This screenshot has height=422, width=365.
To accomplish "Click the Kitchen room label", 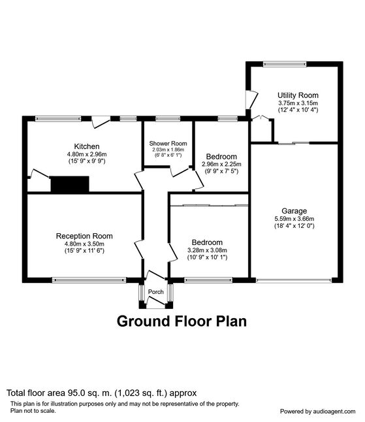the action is pyautogui.click(x=87, y=146).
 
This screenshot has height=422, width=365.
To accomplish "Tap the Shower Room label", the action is pyautogui.click(x=168, y=144).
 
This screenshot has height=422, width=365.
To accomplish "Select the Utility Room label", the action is pyautogui.click(x=298, y=95).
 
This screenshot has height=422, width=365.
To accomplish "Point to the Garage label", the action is pyautogui.click(x=294, y=211).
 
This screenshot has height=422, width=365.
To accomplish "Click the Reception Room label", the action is pyautogui.click(x=84, y=236).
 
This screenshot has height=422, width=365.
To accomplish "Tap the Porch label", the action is pyautogui.click(x=156, y=292).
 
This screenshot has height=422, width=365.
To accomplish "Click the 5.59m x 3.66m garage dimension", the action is pyautogui.click(x=294, y=219).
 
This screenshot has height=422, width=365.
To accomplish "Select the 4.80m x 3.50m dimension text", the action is pyautogui.click(x=84, y=244).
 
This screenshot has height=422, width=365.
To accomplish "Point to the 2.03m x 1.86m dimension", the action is pyautogui.click(x=168, y=150).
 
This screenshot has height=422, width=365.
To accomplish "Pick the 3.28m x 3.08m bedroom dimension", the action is pyautogui.click(x=207, y=250).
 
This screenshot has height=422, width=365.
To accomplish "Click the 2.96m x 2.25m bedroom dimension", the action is pyautogui.click(x=221, y=164).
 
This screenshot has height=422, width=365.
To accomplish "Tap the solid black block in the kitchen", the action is pyautogui.click(x=70, y=184).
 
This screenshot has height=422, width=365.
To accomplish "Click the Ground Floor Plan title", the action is pyautogui.click(x=182, y=321).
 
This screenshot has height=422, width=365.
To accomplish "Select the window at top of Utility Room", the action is pyautogui.click(x=285, y=64).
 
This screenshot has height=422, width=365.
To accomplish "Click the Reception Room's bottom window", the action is pyautogui.click(x=89, y=280).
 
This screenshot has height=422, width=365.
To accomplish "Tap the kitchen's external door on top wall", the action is pyautogui.click(x=101, y=122).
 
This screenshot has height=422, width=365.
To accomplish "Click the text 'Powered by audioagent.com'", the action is pyautogui.click(x=317, y=412).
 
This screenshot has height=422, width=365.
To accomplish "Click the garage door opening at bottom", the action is pyautogui.click(x=294, y=280).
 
